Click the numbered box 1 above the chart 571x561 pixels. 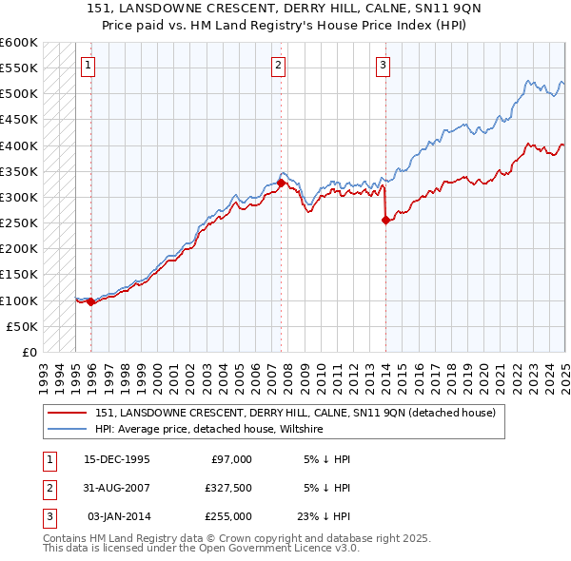[x=88, y=66]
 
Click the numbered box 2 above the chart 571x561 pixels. [x=278, y=66]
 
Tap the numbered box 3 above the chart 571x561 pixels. [x=382, y=66]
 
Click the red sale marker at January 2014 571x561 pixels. [x=385, y=221]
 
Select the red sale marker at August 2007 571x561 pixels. [x=282, y=183]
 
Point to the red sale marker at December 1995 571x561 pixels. [x=91, y=302]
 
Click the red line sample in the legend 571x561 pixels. [x=67, y=414]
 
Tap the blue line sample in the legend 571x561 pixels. [x=67, y=430]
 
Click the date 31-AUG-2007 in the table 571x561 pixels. [x=118, y=488]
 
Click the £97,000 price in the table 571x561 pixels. [x=230, y=459]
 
